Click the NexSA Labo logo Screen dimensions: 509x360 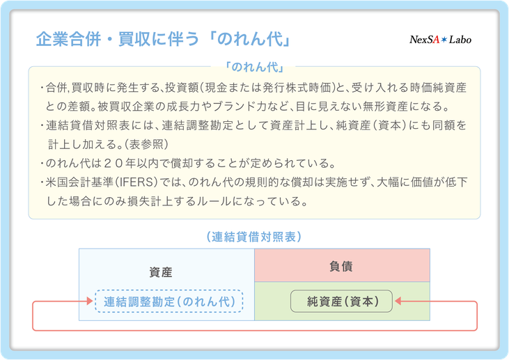tap(440, 40)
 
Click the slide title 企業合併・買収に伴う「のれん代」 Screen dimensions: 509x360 tap(163, 39)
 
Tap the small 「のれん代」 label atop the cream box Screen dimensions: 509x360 tap(254, 67)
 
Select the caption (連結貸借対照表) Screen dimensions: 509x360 tap(254, 237)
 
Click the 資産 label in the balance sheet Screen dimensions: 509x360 tap(161, 272)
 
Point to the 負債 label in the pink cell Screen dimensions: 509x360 tap(341, 266)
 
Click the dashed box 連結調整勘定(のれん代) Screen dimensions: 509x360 tap(169, 302)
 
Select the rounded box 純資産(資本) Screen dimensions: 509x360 tap(341, 302)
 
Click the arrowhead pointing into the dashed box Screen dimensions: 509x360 tap(90, 302)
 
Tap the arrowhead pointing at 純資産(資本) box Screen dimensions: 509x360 tap(398, 302)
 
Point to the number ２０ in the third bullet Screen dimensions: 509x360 tap(113, 163)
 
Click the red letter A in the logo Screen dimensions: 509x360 tap(436, 40)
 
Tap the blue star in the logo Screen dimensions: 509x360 tap(444, 40)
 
